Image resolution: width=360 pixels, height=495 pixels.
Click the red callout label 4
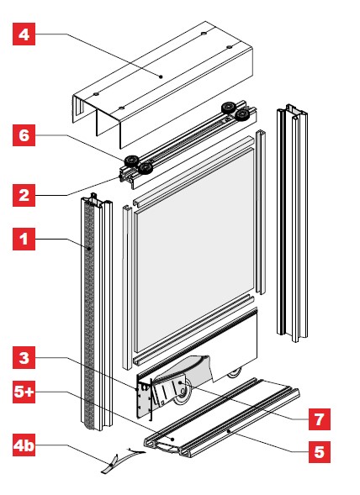24,34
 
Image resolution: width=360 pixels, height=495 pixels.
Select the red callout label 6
24,135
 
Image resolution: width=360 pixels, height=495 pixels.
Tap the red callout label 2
24,196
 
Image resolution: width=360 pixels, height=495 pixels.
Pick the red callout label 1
24,239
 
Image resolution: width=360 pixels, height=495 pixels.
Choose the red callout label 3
24,358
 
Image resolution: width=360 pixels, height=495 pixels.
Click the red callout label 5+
24,392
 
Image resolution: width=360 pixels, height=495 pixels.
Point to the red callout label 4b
24,445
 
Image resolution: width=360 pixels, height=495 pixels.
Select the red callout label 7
320,419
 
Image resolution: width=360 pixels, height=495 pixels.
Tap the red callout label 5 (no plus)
320,452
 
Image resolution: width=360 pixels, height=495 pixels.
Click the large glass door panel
194,250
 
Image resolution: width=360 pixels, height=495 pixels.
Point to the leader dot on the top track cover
161,76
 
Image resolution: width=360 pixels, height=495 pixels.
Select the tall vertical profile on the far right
292,223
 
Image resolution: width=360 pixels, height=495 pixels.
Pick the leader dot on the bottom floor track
229,430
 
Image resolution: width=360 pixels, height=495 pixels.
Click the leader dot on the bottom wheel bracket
180,382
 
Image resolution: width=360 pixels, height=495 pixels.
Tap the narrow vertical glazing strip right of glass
261,212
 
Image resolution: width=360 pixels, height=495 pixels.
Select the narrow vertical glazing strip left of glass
127,287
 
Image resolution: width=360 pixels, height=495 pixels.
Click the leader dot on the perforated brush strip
89,249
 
